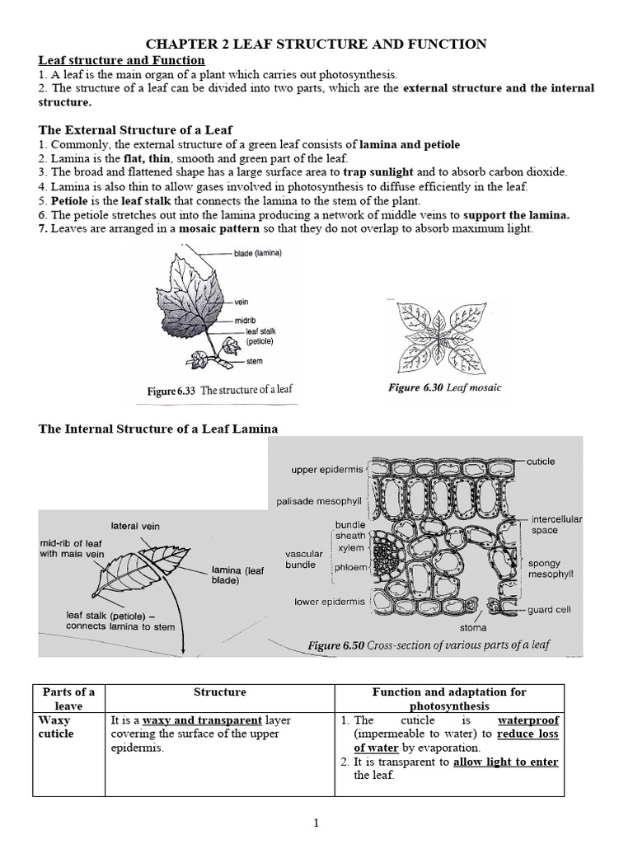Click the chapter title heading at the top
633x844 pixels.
(x=316, y=44)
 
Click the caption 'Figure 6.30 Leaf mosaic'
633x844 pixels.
(x=443, y=387)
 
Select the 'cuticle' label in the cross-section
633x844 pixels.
(x=541, y=462)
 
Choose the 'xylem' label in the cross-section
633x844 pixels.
(x=351, y=548)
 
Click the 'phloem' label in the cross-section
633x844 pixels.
(x=349, y=567)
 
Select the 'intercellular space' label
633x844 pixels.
(x=556, y=525)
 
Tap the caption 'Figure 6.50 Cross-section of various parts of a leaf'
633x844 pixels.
(x=428, y=645)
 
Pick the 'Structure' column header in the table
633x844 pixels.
(x=219, y=692)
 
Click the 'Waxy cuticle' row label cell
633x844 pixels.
(x=56, y=727)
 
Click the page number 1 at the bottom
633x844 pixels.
(x=316, y=823)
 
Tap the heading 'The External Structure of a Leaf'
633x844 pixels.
(x=136, y=130)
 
